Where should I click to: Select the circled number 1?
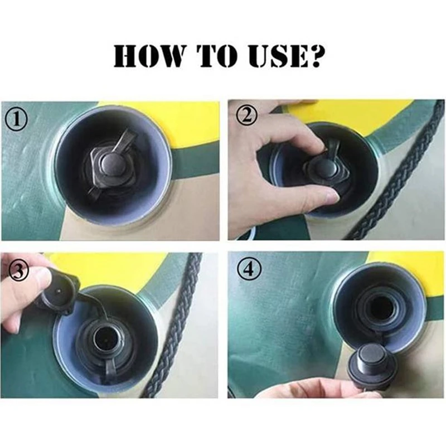pos(17,120)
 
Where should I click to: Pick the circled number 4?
pos(249,269)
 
